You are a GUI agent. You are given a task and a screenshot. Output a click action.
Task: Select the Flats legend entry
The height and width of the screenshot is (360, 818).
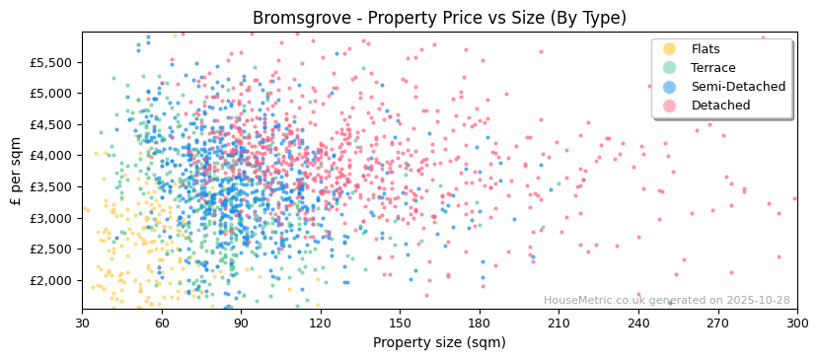coord(706,49)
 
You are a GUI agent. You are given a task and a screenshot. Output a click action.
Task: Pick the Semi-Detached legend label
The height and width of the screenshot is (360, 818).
coord(738,87)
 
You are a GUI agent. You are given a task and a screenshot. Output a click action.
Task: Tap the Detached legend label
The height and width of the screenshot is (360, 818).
coord(720,106)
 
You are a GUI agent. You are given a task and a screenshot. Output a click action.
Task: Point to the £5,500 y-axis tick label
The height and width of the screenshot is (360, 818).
coord(51,62)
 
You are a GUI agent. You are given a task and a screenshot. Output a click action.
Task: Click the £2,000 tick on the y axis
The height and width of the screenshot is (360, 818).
coord(51,281)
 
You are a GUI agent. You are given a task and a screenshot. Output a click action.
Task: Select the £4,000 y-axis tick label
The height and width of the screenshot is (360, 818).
coord(51,156)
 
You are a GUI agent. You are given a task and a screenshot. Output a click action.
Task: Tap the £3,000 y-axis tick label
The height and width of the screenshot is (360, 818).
coord(51,218)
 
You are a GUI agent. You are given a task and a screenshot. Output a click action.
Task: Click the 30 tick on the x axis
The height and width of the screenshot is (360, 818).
coord(82,323)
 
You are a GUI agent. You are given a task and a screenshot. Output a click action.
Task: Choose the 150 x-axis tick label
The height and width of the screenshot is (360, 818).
coord(400,323)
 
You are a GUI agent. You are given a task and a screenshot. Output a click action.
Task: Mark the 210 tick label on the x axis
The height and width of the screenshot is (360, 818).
coord(558,323)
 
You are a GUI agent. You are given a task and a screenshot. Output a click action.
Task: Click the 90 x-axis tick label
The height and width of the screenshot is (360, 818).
coord(241,323)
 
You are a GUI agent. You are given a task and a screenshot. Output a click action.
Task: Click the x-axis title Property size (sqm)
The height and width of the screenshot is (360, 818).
coord(439,342)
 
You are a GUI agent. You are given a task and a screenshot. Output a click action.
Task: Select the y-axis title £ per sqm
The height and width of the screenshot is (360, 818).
coord(16,170)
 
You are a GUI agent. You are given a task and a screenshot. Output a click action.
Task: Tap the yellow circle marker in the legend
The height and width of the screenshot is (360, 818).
coord(670,49)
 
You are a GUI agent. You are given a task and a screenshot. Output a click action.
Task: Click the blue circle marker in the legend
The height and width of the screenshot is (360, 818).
coord(670,87)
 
